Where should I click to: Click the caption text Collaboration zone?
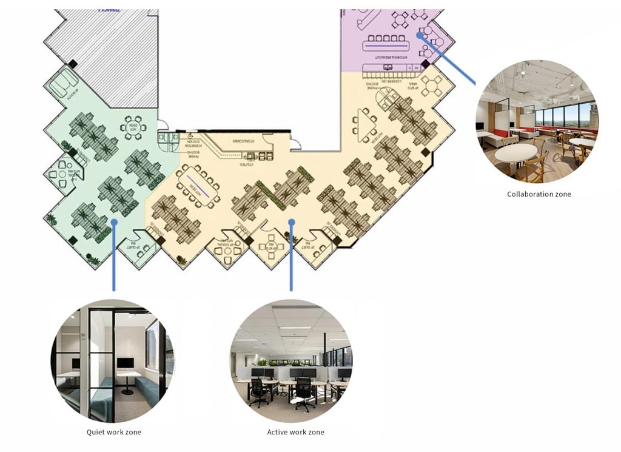tap(539, 194)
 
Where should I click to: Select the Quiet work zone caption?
tap(114, 432)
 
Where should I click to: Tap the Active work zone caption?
tap(295, 432)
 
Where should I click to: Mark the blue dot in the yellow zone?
tap(292, 222)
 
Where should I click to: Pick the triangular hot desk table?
tap(366, 124)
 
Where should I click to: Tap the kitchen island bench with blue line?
tap(386, 44)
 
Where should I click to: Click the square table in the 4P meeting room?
tap(268, 246)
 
